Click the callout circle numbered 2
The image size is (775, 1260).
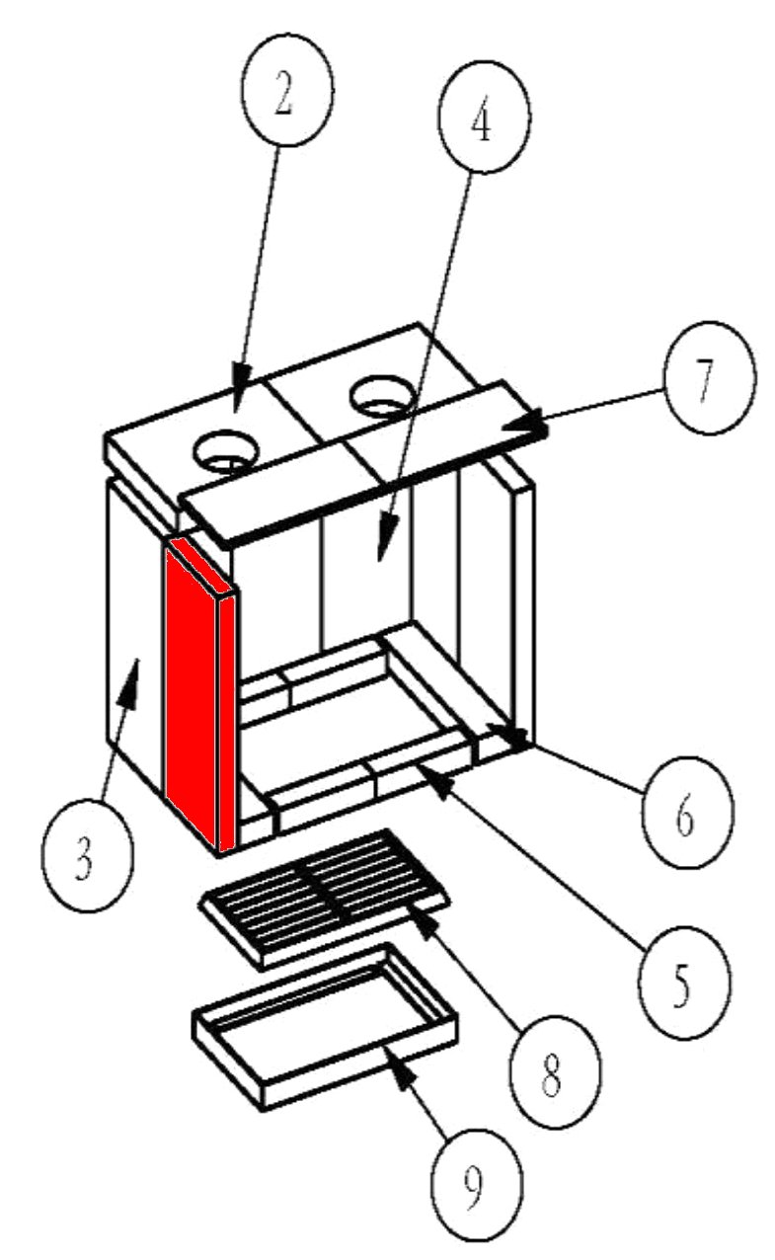click(x=284, y=101)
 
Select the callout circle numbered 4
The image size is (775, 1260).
click(x=481, y=131)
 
